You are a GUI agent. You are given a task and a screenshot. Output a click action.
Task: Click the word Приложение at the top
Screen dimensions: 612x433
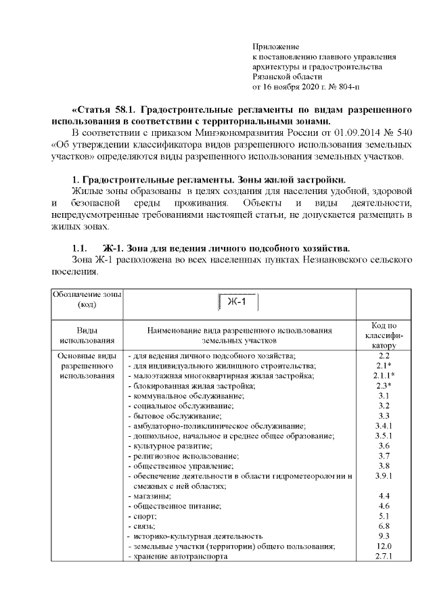click(x=275, y=47)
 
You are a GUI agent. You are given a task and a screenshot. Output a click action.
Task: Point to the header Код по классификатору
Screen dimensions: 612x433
click(x=384, y=335)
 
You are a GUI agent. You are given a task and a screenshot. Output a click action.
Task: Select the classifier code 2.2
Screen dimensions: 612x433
click(x=384, y=355)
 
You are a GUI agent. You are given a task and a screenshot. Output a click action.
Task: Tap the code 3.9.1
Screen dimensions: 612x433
click(x=384, y=477)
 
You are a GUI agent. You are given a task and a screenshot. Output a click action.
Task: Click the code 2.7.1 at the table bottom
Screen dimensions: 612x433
click(x=384, y=557)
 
